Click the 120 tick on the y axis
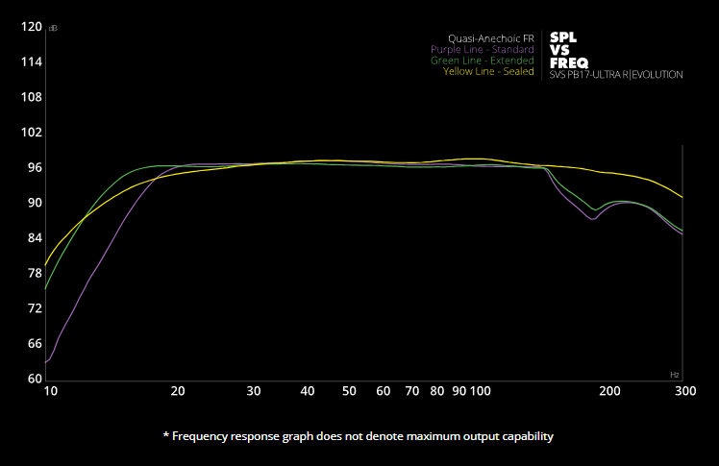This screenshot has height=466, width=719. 31,27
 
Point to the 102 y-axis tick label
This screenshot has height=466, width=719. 31,133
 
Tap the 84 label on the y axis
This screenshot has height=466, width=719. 34,238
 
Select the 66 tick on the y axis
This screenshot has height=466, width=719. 34,343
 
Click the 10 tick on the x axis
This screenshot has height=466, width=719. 51,392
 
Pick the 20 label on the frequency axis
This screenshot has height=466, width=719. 178,392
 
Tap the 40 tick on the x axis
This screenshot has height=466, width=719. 308,392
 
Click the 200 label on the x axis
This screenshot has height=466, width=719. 607,392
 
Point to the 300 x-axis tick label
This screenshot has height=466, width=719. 684,392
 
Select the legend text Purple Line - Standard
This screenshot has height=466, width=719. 482,49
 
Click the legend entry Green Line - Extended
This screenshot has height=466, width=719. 482,61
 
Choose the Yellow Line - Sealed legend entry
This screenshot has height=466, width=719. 488,72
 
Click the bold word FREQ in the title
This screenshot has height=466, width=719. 564,62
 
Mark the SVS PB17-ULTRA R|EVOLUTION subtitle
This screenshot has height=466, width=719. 616,75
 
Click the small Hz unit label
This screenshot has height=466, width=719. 674,374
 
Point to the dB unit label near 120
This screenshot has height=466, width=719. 52,27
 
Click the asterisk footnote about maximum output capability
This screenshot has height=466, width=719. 359,436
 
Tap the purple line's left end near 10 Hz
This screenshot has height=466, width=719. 46,361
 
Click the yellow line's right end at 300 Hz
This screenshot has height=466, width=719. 682,197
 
